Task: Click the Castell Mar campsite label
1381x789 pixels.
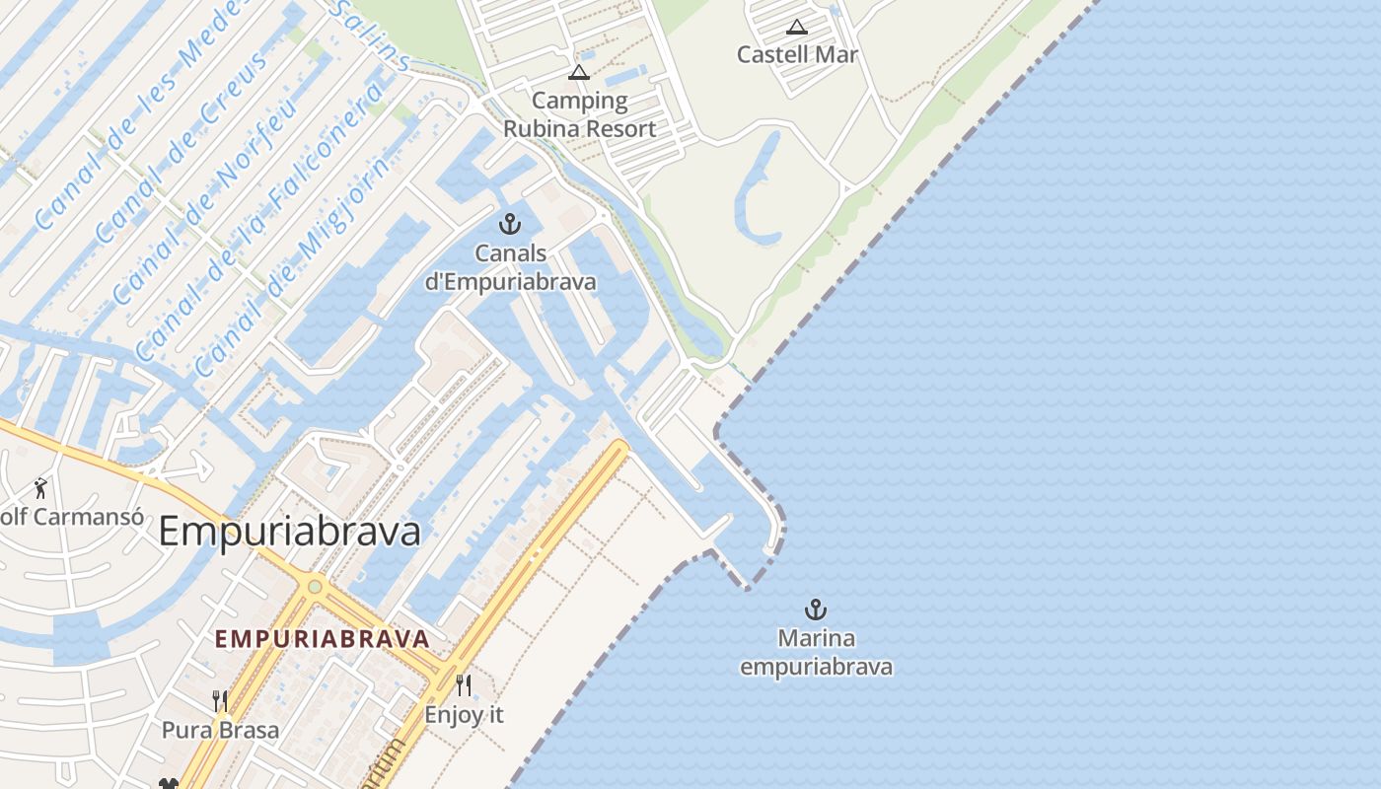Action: coord(797,55)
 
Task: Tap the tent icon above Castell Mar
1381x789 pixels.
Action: coord(797,27)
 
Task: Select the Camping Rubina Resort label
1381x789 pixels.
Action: coord(579,114)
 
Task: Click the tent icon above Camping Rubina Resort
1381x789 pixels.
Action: coord(578,72)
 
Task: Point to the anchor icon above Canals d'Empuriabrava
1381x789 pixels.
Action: coord(510,224)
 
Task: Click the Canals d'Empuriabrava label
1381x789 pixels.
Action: coord(510,267)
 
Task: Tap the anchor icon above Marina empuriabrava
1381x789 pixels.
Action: coord(815,609)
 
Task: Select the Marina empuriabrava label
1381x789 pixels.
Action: coord(816,653)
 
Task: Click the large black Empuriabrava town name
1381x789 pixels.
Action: coord(289,532)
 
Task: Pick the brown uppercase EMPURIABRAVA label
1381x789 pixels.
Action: coord(323,639)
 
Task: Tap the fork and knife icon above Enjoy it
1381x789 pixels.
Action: coord(464,684)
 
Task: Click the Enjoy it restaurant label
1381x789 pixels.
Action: coord(464,715)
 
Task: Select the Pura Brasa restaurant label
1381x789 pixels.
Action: coord(220,731)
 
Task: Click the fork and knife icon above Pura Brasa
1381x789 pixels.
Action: coord(220,701)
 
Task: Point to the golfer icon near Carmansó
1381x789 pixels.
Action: coord(40,487)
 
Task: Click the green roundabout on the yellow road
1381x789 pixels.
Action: coord(314,587)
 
